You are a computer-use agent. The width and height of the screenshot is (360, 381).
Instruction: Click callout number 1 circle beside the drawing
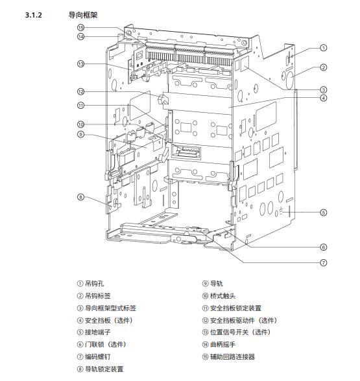click(x=323, y=48)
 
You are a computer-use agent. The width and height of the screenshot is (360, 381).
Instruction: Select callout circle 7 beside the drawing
click(x=323, y=262)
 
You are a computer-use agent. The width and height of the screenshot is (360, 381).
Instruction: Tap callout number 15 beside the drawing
click(x=80, y=28)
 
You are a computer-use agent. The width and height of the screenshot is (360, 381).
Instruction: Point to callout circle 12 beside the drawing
click(x=80, y=91)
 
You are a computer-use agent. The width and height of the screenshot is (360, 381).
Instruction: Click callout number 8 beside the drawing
click(x=80, y=197)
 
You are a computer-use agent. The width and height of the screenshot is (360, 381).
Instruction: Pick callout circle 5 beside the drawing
click(x=323, y=213)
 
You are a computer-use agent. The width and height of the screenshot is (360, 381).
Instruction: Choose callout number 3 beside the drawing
click(x=323, y=89)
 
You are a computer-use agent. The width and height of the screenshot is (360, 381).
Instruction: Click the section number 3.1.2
click(x=33, y=15)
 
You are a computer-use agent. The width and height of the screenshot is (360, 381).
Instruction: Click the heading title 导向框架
click(x=83, y=15)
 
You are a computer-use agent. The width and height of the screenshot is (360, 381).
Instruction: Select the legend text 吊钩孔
click(x=95, y=283)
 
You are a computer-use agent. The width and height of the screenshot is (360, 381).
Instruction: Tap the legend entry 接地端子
click(x=97, y=332)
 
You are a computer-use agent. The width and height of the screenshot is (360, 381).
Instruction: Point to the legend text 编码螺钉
click(x=97, y=356)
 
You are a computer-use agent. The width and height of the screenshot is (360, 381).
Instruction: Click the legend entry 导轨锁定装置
click(x=104, y=369)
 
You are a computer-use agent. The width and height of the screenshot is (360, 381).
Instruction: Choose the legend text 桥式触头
click(x=223, y=295)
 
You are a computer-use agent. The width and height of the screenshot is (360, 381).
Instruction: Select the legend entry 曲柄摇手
click(x=223, y=344)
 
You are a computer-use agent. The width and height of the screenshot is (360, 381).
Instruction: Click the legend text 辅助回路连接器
click(x=232, y=356)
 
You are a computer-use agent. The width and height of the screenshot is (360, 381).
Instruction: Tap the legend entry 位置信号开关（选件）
click(x=241, y=332)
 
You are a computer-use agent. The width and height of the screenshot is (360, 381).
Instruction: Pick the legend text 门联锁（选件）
click(x=106, y=344)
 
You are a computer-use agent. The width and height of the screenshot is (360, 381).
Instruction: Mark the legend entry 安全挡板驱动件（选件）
click(x=244, y=320)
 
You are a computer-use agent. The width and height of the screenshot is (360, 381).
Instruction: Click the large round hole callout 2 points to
click(x=290, y=80)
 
